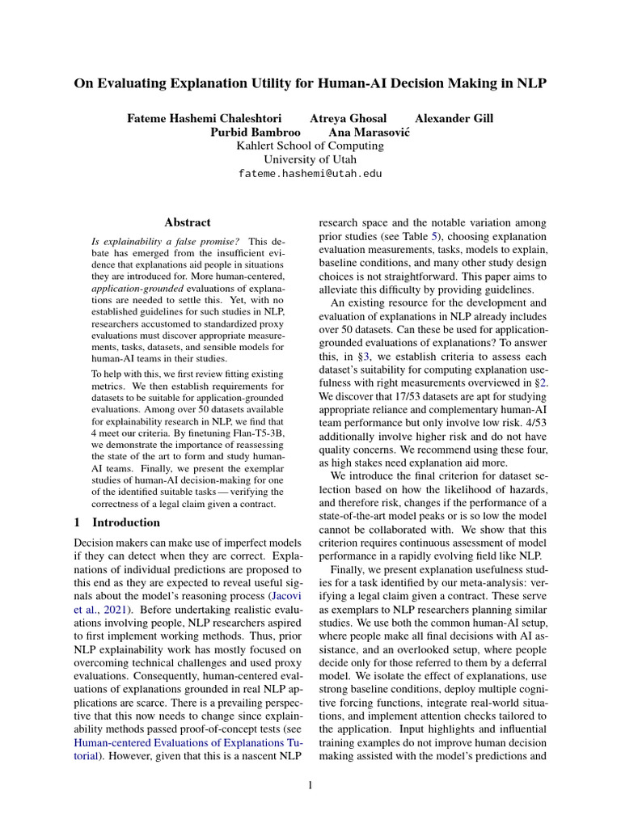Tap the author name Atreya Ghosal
(x=349, y=118)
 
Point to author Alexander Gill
(x=454, y=118)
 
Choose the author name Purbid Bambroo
(x=256, y=132)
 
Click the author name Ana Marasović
(x=369, y=132)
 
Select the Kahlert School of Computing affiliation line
(x=310, y=146)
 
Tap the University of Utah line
(x=310, y=159)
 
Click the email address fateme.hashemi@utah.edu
(x=310, y=173)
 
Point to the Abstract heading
(x=187, y=222)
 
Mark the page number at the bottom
(x=310, y=784)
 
